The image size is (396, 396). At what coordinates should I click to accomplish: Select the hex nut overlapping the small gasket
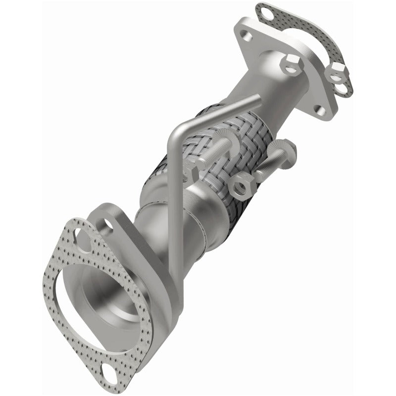click(337, 70)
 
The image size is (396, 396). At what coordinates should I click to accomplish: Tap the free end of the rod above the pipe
click(257, 100)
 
